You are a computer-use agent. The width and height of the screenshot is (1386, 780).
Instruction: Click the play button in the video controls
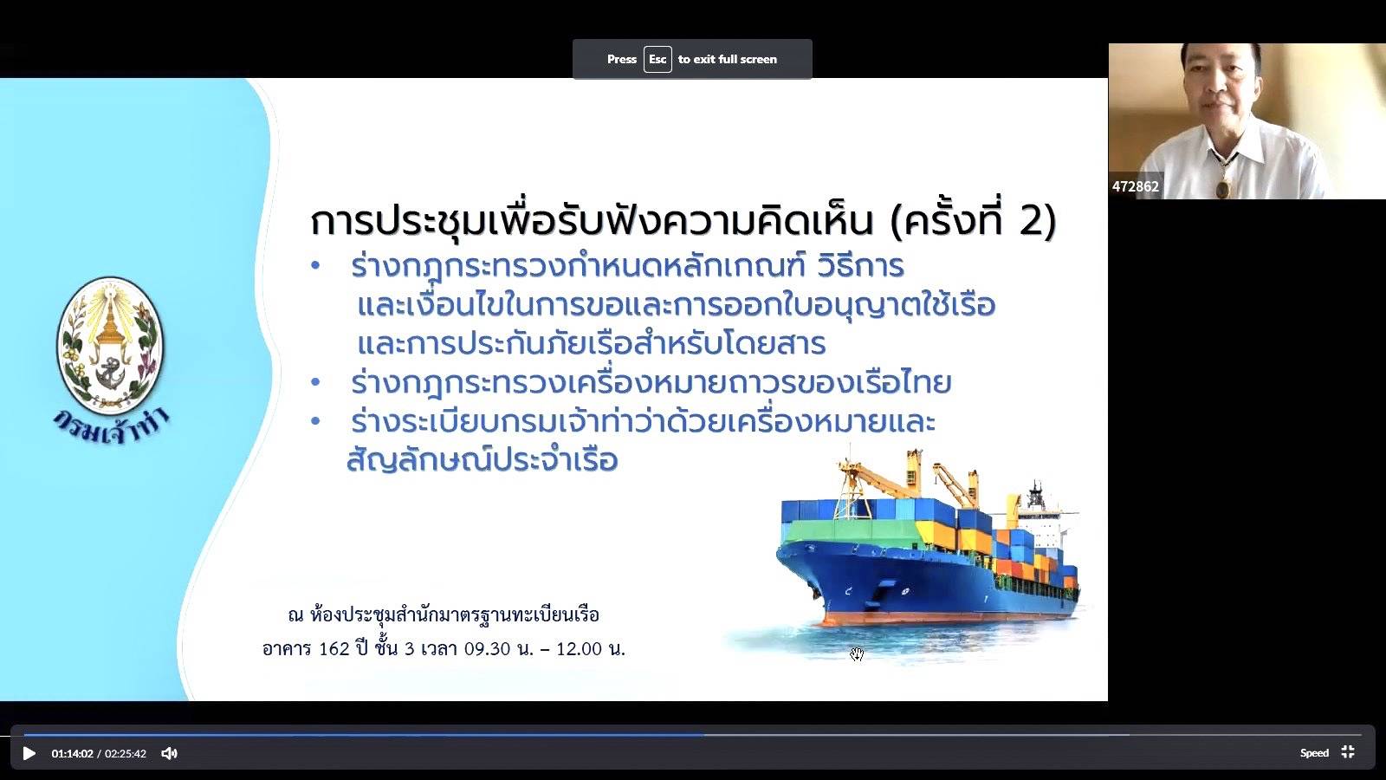[x=29, y=753]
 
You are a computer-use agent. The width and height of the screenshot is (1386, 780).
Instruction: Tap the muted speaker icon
[x=169, y=753]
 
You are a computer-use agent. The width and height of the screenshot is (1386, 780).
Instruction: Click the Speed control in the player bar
[x=1314, y=753]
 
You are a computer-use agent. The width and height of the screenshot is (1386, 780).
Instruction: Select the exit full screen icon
[x=1348, y=752]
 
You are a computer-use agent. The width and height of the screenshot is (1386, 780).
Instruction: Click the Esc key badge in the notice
[x=657, y=60]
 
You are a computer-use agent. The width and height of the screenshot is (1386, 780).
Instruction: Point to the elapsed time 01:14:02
[x=72, y=753]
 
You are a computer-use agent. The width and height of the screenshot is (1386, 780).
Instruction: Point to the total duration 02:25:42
[x=125, y=753]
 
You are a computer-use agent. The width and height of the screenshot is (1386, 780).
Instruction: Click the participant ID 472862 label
[x=1136, y=186]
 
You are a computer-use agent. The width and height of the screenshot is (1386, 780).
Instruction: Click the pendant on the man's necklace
[x=1223, y=188]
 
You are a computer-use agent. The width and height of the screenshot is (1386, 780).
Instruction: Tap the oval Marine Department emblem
[x=111, y=346]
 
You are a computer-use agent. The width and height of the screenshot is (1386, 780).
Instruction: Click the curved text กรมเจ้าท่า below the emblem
[x=111, y=428]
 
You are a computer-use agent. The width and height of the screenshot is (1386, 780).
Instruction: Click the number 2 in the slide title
[x=1031, y=220]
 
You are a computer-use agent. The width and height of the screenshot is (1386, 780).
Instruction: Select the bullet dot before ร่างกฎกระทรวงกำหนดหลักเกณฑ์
[x=315, y=266]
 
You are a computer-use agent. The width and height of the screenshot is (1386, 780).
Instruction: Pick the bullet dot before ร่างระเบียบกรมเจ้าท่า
[x=315, y=421]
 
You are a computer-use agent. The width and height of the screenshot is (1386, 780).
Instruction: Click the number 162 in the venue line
[x=334, y=649]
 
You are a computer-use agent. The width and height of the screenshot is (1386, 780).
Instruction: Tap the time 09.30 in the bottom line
[x=488, y=649]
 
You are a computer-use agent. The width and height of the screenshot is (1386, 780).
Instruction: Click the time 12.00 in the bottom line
[x=580, y=649]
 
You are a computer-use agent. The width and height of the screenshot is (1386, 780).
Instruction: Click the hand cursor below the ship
[x=857, y=654]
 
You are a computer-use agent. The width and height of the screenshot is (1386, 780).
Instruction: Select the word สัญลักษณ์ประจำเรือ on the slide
[x=482, y=460]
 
